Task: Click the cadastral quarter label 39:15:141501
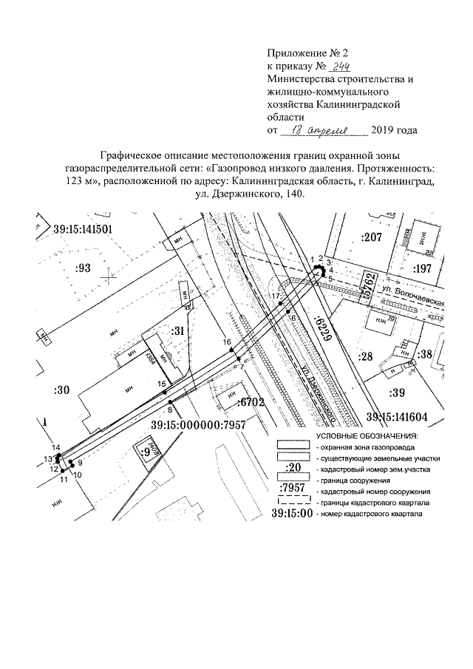83,229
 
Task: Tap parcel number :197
426,268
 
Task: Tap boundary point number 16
228,342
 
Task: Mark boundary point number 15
161,384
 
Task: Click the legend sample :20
295,467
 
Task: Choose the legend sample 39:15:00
292,512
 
